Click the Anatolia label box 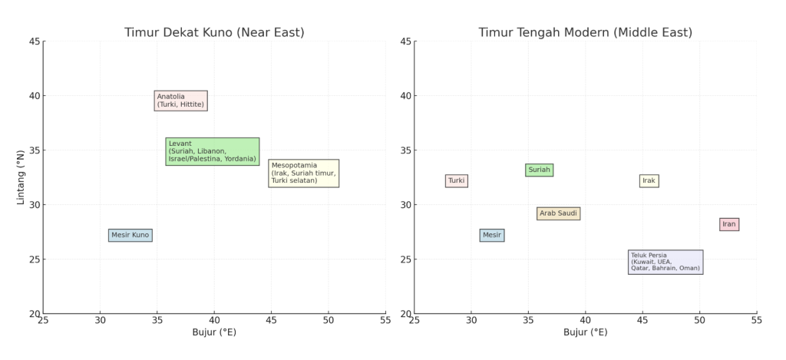pyautogui.click(x=180, y=101)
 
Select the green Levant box pyautogui.click(x=213, y=151)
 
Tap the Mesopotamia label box pyautogui.click(x=303, y=173)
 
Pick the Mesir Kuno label pyautogui.click(x=130, y=235)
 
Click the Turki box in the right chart pyautogui.click(x=457, y=181)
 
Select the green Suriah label pyautogui.click(x=540, y=170)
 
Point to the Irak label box pyautogui.click(x=649, y=181)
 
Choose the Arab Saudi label pyautogui.click(x=558, y=213)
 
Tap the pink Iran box pyautogui.click(x=729, y=224)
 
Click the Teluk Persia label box pyautogui.click(x=665, y=262)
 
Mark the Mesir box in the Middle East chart pyautogui.click(x=492, y=235)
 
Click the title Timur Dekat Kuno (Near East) pyautogui.click(x=214, y=33)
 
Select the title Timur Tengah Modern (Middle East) pyautogui.click(x=585, y=33)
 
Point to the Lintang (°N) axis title pyautogui.click(x=21, y=177)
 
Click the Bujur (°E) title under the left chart pyautogui.click(x=214, y=332)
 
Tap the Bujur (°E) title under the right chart pyautogui.click(x=585, y=332)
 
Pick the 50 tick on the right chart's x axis pyautogui.click(x=700, y=319)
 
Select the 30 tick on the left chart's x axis pyautogui.click(x=100, y=319)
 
